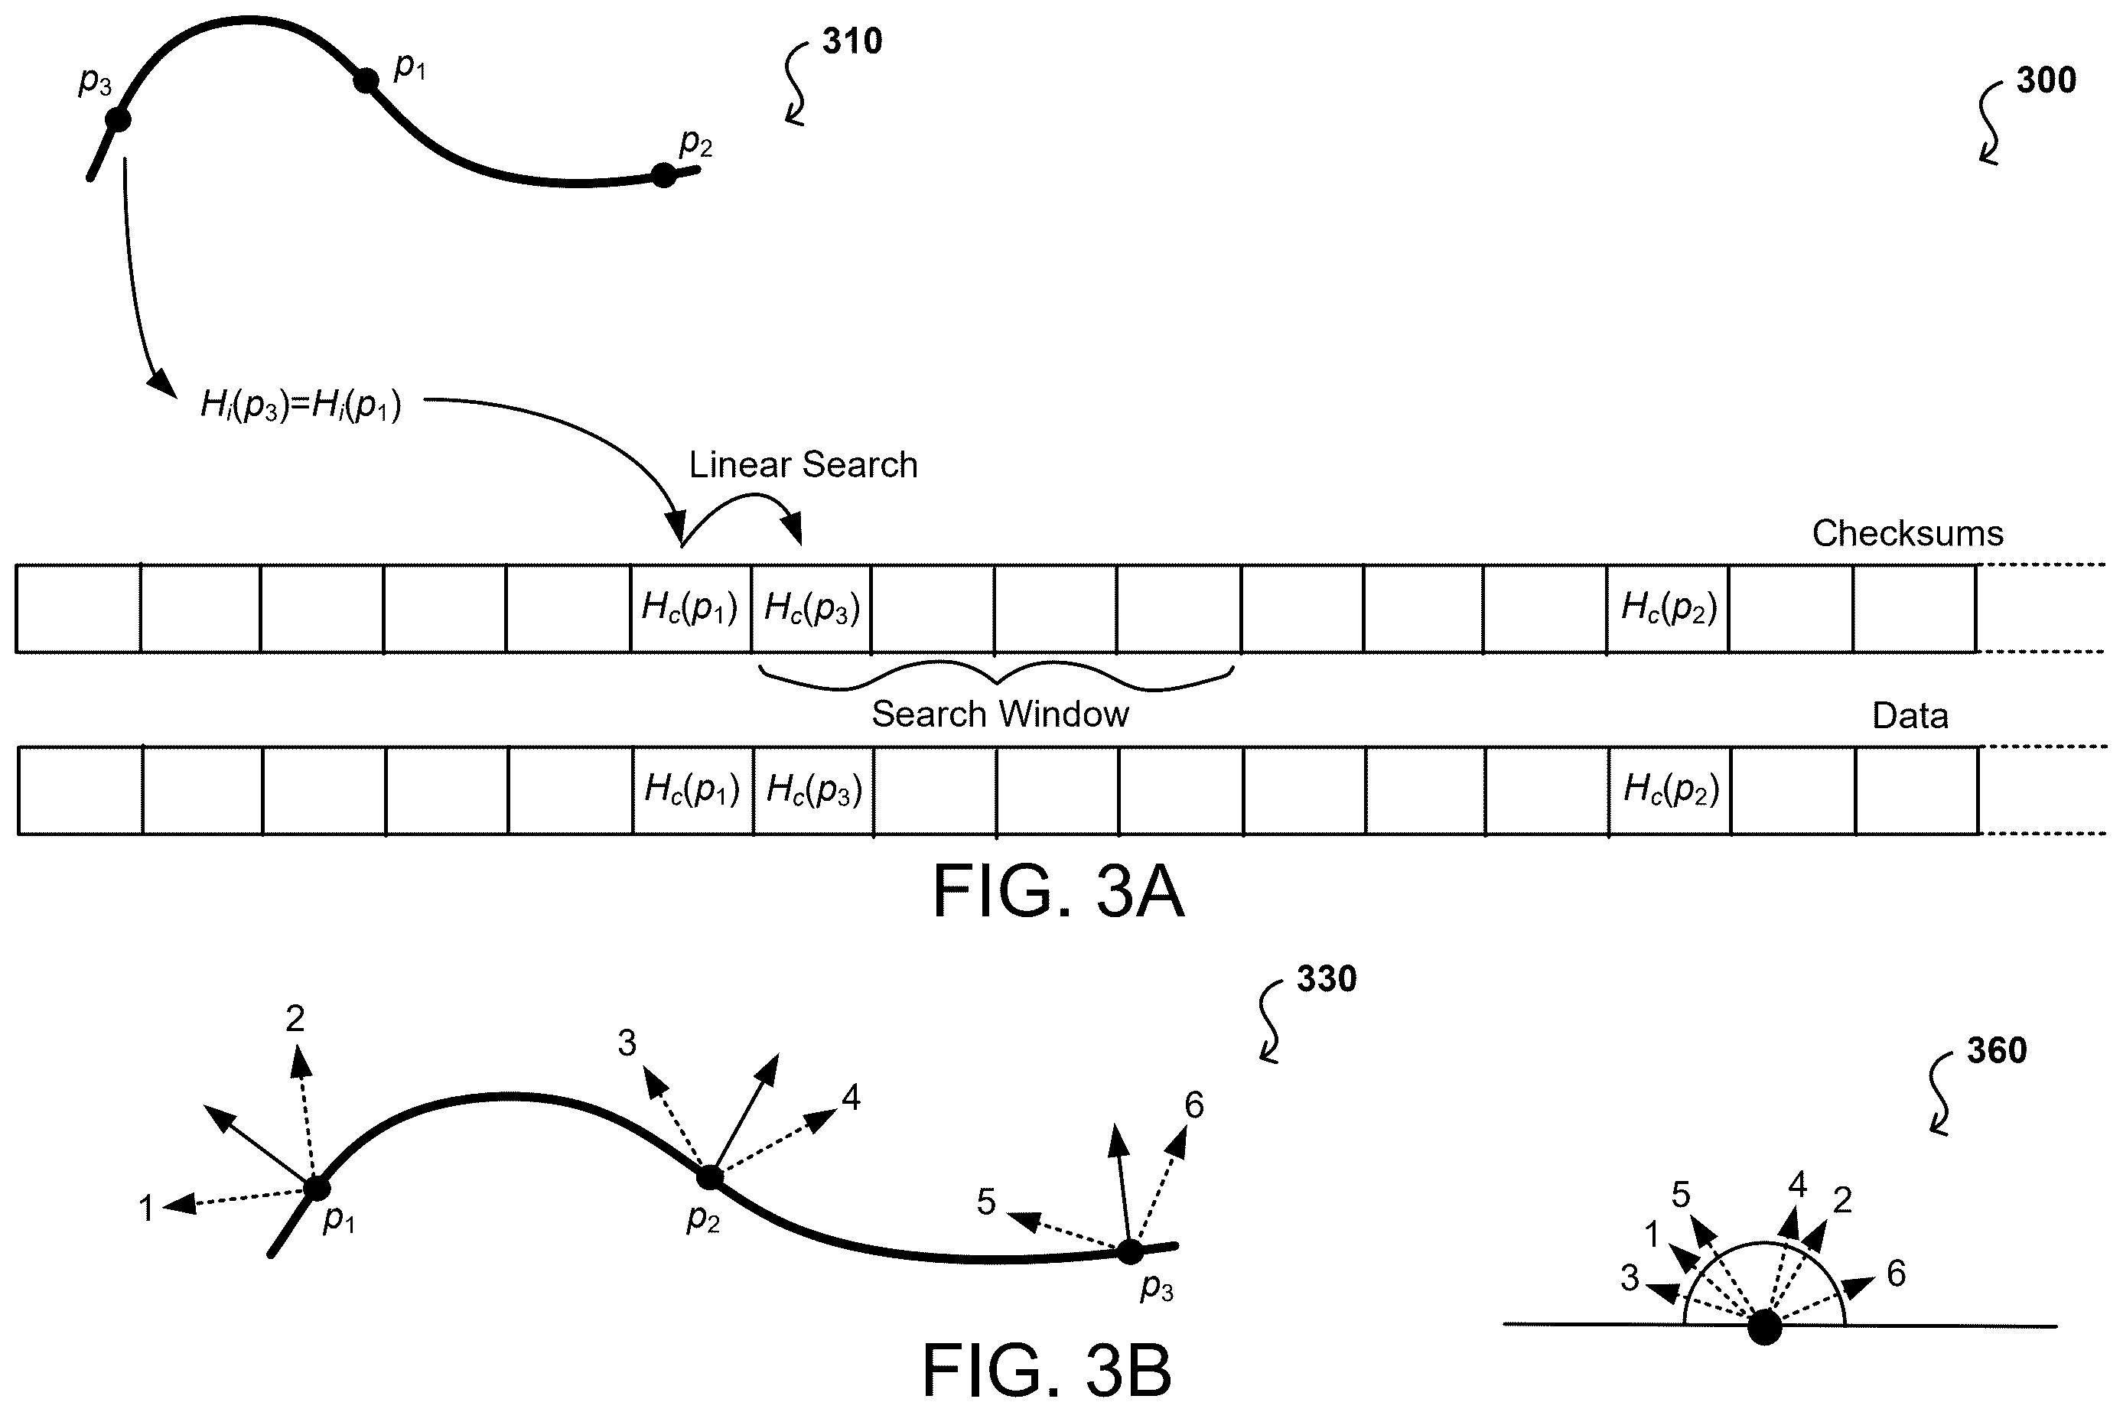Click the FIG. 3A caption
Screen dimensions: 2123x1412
point(1057,892)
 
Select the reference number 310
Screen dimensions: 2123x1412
point(852,41)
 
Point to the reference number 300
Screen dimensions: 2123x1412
point(2046,80)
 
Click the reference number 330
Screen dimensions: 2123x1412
point(1327,979)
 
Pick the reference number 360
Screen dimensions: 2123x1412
point(1997,1050)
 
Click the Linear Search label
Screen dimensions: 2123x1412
point(803,464)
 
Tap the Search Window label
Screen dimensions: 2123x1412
point(1000,714)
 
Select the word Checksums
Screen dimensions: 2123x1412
point(1908,533)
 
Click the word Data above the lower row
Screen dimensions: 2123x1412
point(1910,716)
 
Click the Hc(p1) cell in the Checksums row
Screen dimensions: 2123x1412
point(691,608)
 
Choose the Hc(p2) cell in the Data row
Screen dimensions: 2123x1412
point(1670,789)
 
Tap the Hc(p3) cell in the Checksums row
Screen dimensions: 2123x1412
point(812,608)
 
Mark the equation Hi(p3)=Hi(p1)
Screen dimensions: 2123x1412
point(301,405)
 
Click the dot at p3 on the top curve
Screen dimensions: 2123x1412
point(118,119)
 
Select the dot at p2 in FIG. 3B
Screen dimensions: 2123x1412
point(710,1176)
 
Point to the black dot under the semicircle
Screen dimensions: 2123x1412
point(1764,1327)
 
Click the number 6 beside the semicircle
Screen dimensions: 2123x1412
point(1896,1274)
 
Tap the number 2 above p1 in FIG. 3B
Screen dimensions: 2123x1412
point(295,1019)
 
